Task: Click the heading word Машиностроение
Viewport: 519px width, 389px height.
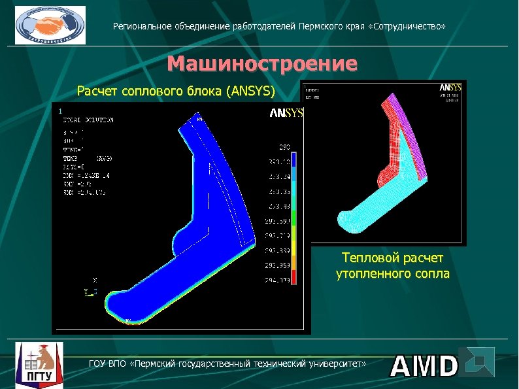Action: click(x=262, y=64)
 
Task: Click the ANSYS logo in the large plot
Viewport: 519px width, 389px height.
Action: click(x=286, y=113)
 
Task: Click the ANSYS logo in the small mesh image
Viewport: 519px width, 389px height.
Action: click(x=450, y=87)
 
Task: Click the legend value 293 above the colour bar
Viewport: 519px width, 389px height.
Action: click(x=284, y=148)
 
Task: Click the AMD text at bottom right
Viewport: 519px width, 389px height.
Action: click(x=424, y=367)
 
